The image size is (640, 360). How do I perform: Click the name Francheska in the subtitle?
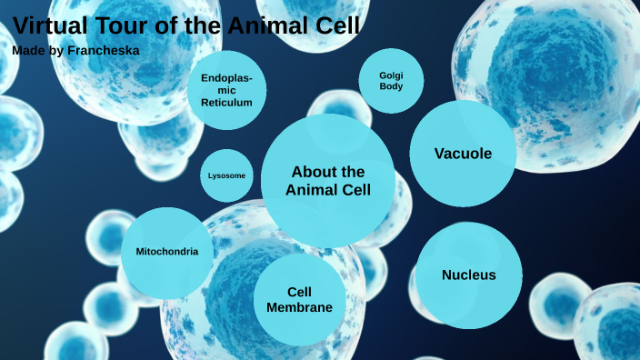[x=104, y=50]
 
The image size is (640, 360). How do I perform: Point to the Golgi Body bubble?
[x=391, y=81]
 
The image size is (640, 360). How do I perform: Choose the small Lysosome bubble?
[x=226, y=175]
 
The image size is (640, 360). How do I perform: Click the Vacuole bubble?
[x=463, y=154]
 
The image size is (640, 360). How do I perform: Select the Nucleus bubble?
[x=469, y=275]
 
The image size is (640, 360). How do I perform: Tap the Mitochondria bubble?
[x=167, y=252]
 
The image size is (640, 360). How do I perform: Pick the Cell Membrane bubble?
[x=299, y=300]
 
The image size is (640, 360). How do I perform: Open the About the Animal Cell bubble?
[x=328, y=180]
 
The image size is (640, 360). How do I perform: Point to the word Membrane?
[x=299, y=307]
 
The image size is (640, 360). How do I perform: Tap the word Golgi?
[x=391, y=75]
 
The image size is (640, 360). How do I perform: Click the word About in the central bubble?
[x=314, y=172]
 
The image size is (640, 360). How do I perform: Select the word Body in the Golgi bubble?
[x=391, y=87]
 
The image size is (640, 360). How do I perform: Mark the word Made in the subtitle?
[x=26, y=50]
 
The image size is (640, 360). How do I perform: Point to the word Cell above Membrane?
[x=300, y=292]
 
